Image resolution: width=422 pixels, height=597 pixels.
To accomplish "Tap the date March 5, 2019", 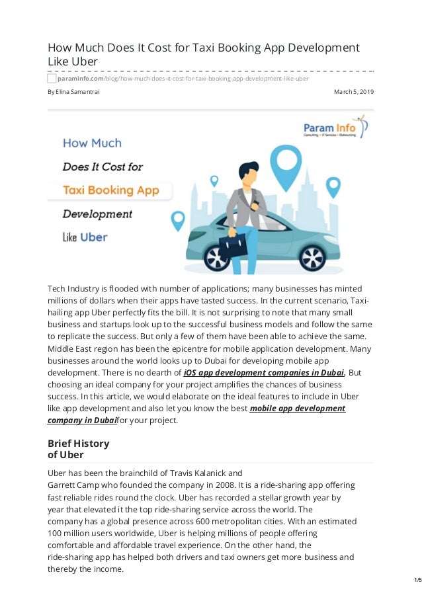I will [355, 91].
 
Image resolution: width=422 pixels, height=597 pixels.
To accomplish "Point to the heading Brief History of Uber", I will [78, 449].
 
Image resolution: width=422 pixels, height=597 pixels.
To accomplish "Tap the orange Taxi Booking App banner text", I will [110, 190].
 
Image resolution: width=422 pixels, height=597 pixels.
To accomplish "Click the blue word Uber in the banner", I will [93, 237].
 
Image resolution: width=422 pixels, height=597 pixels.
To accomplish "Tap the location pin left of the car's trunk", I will [177, 219].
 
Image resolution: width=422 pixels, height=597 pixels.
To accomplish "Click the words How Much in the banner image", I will [92, 142].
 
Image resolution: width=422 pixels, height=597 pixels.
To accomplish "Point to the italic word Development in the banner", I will [97, 214].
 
